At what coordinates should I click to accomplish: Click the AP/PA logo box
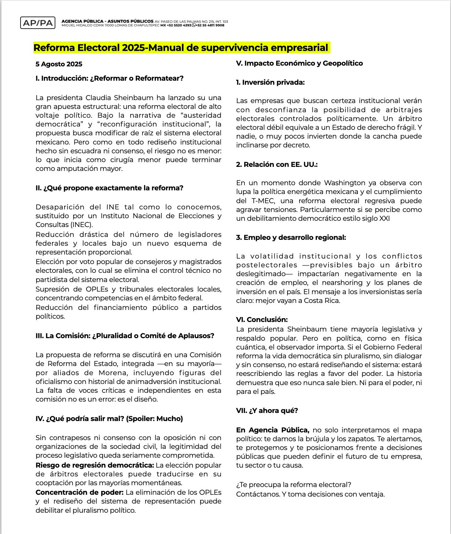click(38, 23)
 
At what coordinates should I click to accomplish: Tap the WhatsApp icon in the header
click(194, 25)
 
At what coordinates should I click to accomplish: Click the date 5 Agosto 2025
click(59, 64)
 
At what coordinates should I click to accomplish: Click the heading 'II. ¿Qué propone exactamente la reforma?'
click(109, 188)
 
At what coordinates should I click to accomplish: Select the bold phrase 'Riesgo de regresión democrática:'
click(95, 465)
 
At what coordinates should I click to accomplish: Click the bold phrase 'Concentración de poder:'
click(79, 493)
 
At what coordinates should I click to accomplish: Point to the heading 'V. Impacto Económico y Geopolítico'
click(299, 63)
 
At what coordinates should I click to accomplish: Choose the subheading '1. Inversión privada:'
click(270, 83)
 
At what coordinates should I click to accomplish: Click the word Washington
click(345, 183)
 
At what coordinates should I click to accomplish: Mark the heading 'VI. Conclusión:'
click(262, 320)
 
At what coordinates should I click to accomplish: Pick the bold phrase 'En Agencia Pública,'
click(272, 430)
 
